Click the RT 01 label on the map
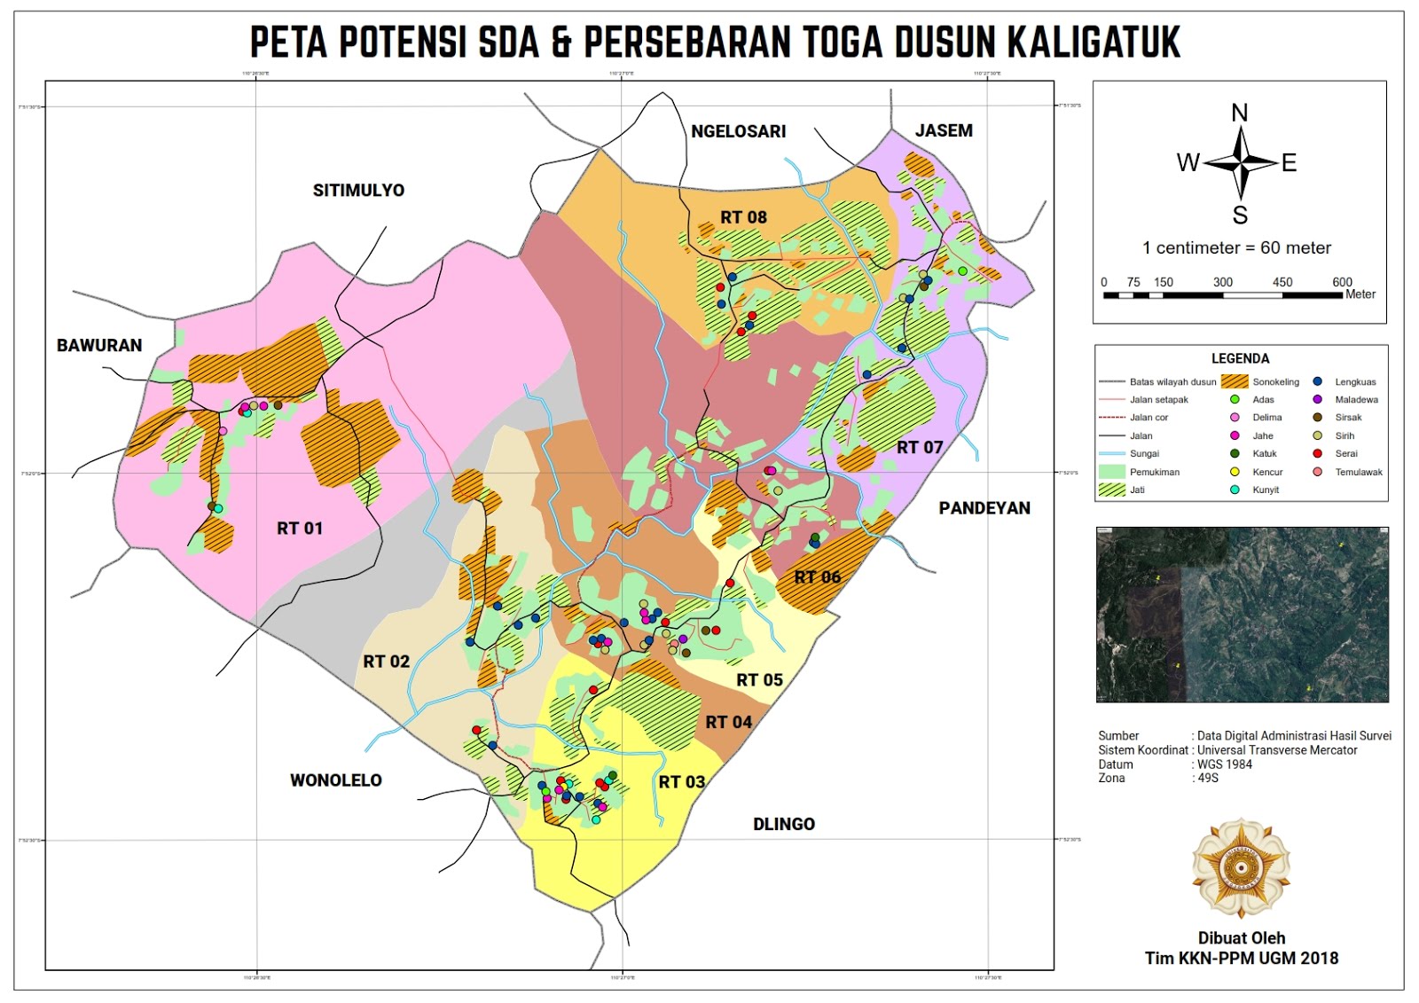coord(300,529)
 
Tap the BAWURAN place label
coord(99,346)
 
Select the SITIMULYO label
coord(358,191)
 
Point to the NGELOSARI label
coord(738,131)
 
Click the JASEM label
coord(944,130)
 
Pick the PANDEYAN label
coord(984,508)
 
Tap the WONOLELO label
coord(336,780)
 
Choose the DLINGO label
coord(784,824)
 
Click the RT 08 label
coord(743,217)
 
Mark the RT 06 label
coord(817,577)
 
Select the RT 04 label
coord(729,722)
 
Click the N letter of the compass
coord(1240,113)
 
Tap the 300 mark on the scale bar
coord(1222,282)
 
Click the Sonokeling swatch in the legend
coord(1235,382)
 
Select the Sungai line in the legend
coord(1112,453)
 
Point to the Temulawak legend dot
coord(1318,472)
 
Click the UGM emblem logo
coord(1241,868)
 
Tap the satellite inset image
coord(1242,615)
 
